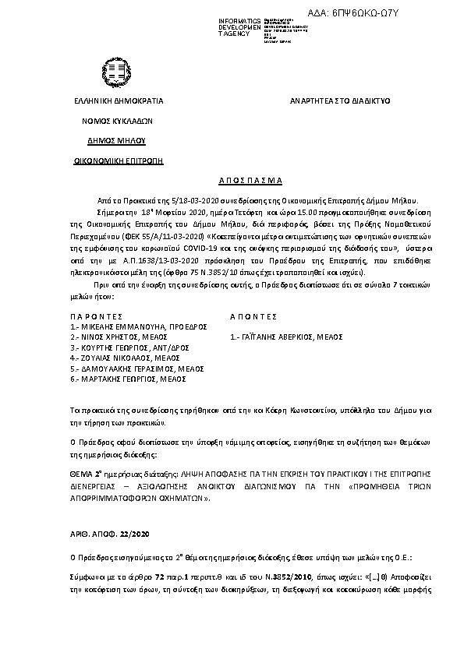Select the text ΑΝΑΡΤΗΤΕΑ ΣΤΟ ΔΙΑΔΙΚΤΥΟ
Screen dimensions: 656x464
point(340,101)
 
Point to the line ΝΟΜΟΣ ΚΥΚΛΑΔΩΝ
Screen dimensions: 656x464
point(118,121)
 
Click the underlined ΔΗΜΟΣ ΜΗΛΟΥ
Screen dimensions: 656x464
point(117,141)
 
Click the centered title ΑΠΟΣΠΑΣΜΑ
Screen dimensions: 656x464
point(232,178)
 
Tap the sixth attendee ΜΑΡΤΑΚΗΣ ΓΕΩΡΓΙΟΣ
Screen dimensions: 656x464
point(117,378)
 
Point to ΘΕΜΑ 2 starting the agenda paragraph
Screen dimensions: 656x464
point(85,473)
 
